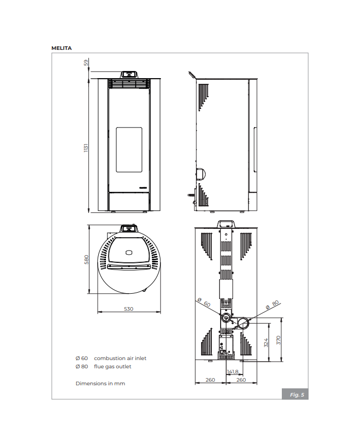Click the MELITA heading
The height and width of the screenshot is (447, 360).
[x=61, y=48]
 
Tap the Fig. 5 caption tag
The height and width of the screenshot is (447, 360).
[x=297, y=395]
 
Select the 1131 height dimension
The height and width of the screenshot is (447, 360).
[x=86, y=147]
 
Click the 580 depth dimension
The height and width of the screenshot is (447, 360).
[x=86, y=260]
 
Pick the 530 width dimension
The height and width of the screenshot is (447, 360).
[x=129, y=309]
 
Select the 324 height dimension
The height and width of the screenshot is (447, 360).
[x=266, y=342]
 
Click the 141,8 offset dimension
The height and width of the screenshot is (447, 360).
[x=232, y=371]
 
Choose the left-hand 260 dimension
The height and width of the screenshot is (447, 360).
[x=210, y=380]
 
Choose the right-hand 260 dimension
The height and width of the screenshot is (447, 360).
[x=241, y=380]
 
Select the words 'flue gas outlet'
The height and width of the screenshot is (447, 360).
[x=112, y=367]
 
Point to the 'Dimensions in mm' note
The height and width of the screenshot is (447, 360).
[x=100, y=383]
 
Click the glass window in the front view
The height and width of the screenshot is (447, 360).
[x=129, y=149]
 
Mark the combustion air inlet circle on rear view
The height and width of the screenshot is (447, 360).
[x=226, y=318]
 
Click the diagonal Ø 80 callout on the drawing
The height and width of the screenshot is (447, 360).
[x=272, y=305]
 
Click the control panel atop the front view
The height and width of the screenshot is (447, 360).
[x=129, y=74]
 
